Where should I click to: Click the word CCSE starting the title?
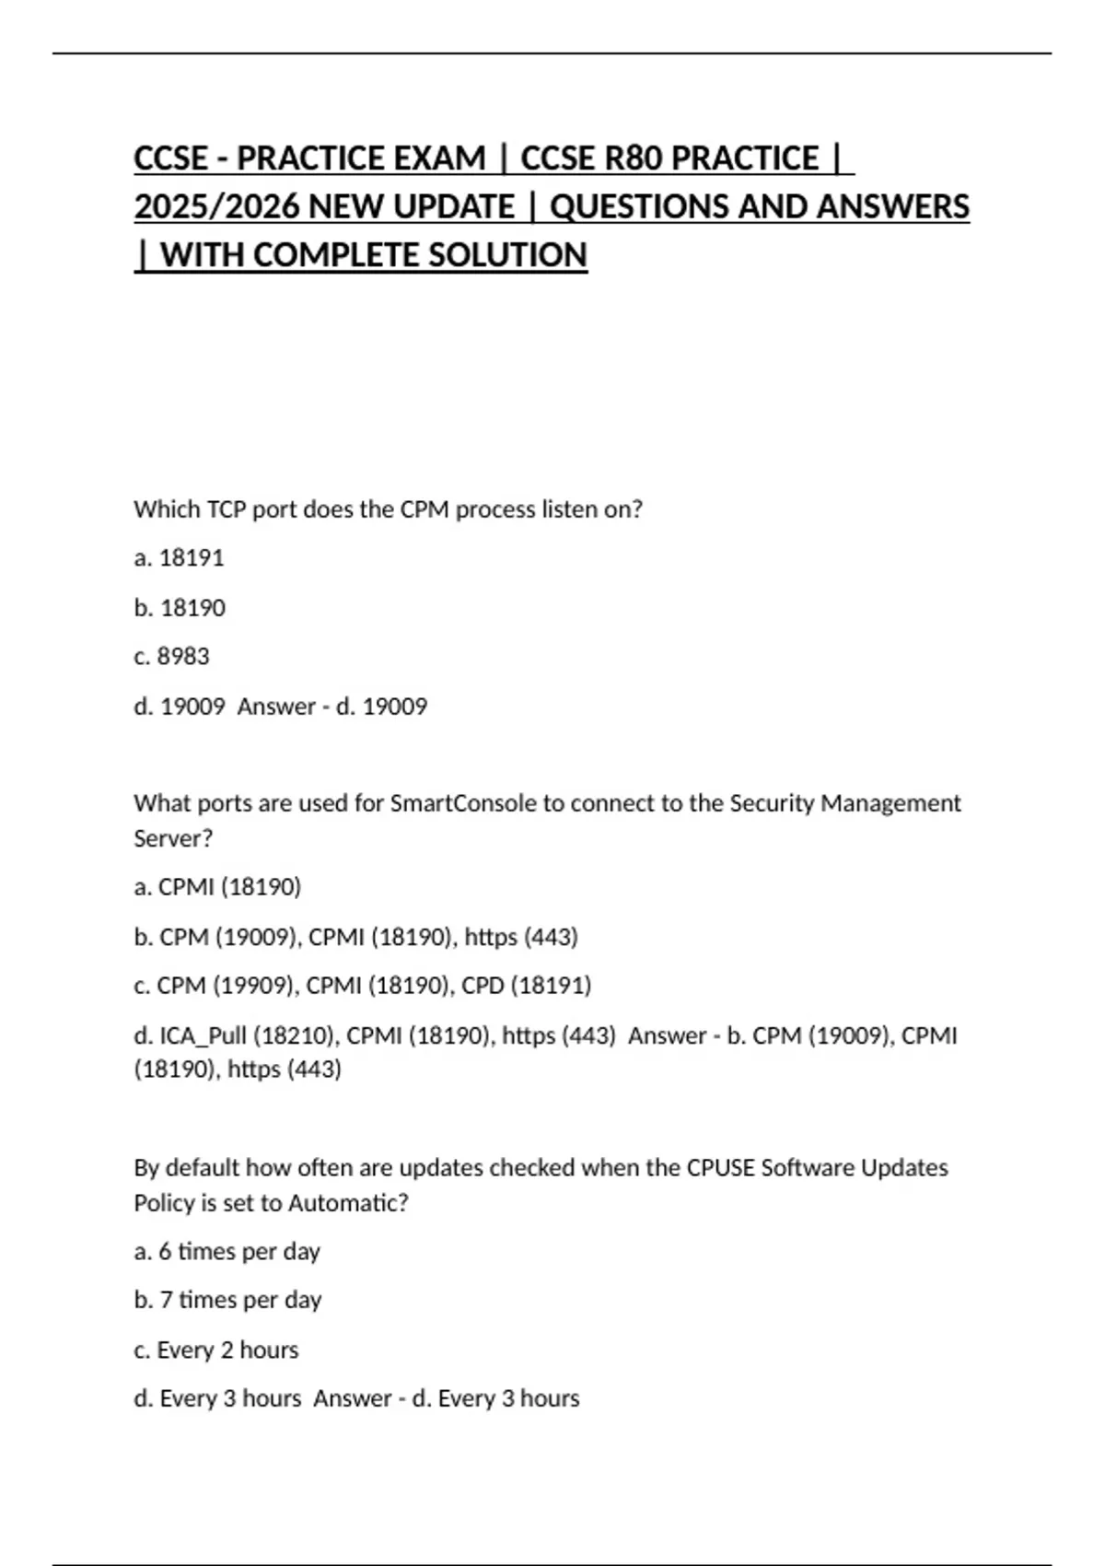coord(170,158)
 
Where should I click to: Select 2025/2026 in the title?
coord(217,207)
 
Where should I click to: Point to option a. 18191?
coord(179,558)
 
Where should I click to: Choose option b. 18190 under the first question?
coord(180,608)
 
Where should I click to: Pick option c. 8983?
coord(171,657)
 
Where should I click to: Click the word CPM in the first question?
coord(425,509)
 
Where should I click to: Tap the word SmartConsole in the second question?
coord(463,803)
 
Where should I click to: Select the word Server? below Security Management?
coord(173,838)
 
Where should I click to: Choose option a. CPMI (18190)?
coord(217,887)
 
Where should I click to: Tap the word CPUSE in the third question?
coord(721,1168)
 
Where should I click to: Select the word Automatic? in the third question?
coord(348,1203)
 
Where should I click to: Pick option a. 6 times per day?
coord(227,1252)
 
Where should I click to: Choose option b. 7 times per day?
coord(227,1301)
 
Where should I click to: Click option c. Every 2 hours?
coord(215,1350)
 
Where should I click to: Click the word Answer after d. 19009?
coord(275,707)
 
